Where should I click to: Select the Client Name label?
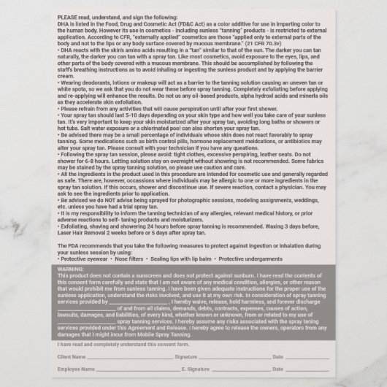pos(74,356)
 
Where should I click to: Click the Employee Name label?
pos(79,371)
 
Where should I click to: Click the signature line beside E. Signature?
pos(237,372)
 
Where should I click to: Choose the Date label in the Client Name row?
pos(278,356)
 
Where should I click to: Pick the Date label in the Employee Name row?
pos(277,371)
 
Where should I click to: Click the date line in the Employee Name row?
pos(307,372)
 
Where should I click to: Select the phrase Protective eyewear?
pos(83,259)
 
